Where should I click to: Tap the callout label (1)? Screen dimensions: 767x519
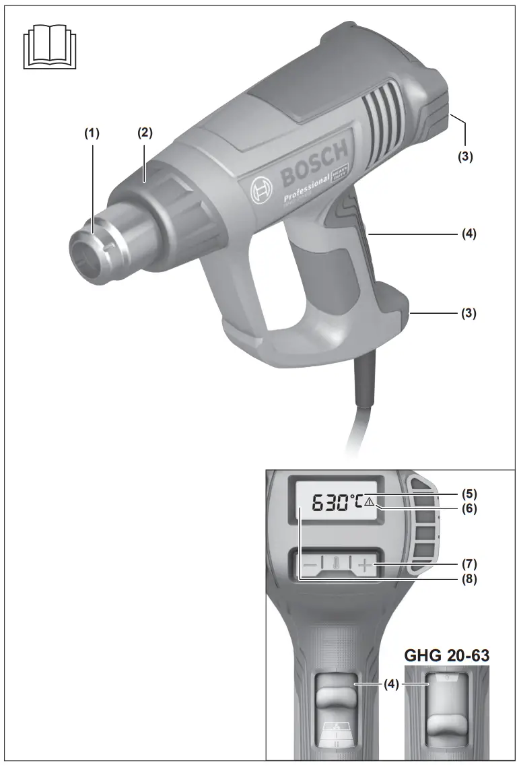[x=91, y=133]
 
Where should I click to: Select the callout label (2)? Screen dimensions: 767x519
[x=145, y=133]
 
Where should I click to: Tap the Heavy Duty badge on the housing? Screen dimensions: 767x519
[x=341, y=174]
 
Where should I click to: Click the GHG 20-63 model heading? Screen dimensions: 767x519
[x=446, y=655]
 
